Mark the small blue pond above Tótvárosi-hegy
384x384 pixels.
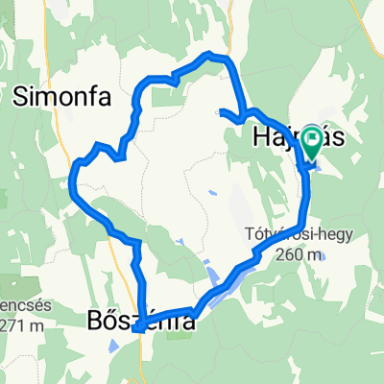click(x=211, y=194)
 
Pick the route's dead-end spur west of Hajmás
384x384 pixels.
click(x=223, y=113)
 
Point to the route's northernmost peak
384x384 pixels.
click(x=213, y=56)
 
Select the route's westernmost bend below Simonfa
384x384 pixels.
click(x=74, y=178)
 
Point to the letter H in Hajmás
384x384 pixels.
click(x=261, y=137)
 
